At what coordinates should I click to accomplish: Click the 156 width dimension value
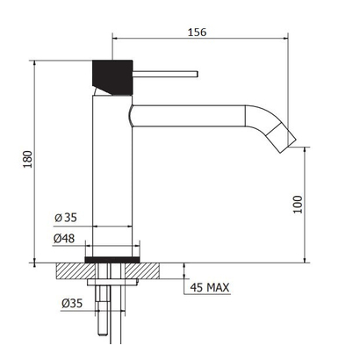tap(197, 32)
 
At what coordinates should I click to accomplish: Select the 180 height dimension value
tap(27, 159)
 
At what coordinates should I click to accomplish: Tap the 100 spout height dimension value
tap(298, 205)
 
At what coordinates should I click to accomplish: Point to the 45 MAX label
tap(210, 287)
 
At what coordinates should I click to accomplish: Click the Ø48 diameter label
tap(64, 239)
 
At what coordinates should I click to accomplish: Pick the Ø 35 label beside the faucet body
tap(66, 218)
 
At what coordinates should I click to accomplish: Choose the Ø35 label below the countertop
tap(72, 303)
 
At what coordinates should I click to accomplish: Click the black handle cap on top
tap(112, 76)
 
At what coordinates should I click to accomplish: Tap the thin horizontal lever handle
tap(166, 74)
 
